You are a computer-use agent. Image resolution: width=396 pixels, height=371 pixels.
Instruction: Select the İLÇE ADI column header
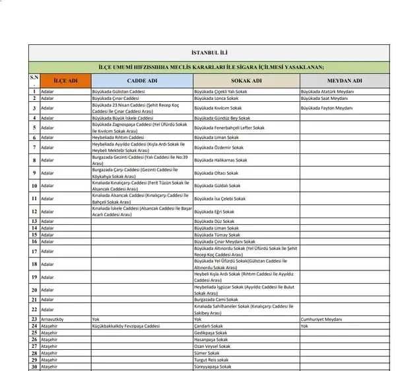point(65,81)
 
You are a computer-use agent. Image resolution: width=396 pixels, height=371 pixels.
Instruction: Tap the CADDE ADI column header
point(142,81)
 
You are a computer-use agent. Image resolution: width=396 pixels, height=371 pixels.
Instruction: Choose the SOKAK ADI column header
point(246,81)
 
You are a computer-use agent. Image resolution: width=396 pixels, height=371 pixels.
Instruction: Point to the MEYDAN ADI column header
point(344,81)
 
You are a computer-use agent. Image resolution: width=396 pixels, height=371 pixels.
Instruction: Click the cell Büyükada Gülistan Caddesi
point(119,91)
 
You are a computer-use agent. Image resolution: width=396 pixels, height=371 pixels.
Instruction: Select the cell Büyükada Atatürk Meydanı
point(328,91)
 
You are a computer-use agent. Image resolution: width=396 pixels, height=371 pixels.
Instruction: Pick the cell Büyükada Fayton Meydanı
point(327,107)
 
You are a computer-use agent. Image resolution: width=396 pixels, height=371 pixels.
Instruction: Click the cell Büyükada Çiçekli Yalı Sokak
point(220,91)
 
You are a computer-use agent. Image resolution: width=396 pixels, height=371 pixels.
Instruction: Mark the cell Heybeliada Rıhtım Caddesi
point(118,138)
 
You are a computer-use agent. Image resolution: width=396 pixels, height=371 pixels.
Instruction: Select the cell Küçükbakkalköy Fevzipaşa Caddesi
point(126,326)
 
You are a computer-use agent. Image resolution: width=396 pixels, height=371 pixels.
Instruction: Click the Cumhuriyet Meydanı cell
point(321,319)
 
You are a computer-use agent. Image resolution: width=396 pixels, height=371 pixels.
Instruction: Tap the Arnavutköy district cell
point(55,319)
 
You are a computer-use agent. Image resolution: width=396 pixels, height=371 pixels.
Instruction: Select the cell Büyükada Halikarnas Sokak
point(221,160)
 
